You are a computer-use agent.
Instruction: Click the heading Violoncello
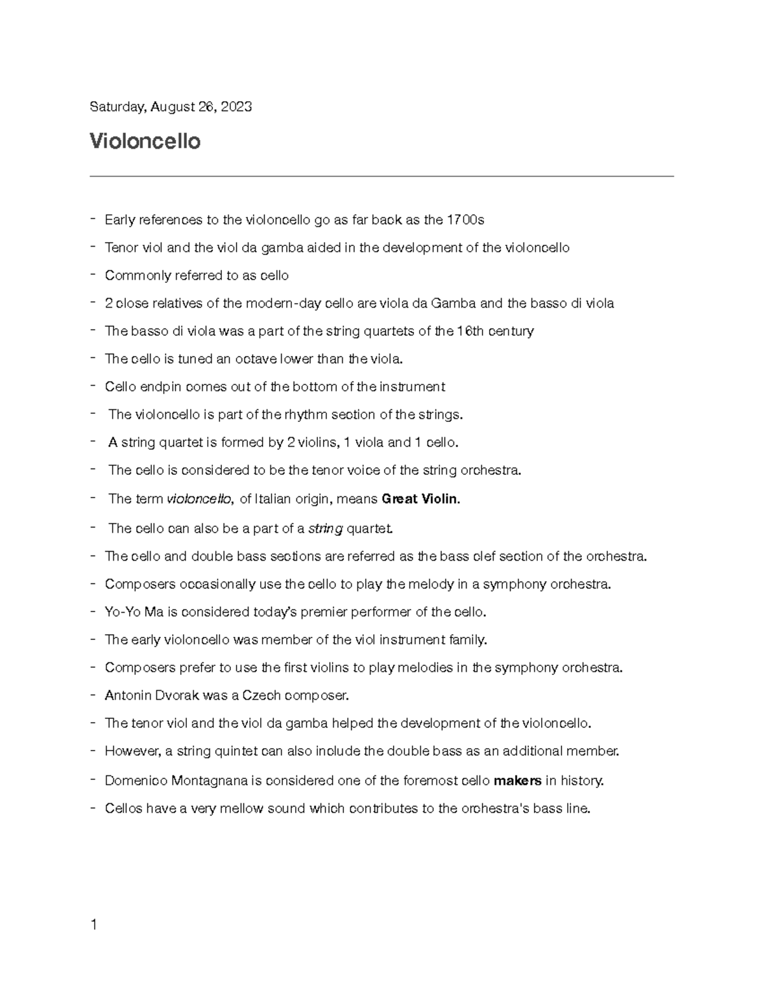pos(145,141)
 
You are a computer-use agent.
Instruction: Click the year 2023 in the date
pos(235,107)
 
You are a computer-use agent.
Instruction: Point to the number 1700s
pos(465,220)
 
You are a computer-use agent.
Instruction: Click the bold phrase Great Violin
pos(419,499)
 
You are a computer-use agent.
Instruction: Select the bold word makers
pos(518,780)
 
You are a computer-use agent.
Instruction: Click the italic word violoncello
pos(199,499)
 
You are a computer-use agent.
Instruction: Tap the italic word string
pos(326,528)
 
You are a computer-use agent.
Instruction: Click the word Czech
pos(261,695)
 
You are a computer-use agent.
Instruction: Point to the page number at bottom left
pos(93,925)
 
